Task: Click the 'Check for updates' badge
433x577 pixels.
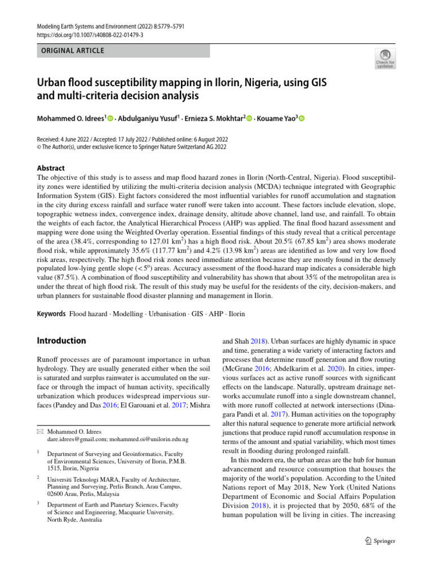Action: click(385, 58)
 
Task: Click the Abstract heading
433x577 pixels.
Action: click(51, 168)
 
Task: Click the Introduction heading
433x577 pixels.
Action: click(61, 340)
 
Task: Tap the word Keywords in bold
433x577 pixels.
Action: click(51, 313)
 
